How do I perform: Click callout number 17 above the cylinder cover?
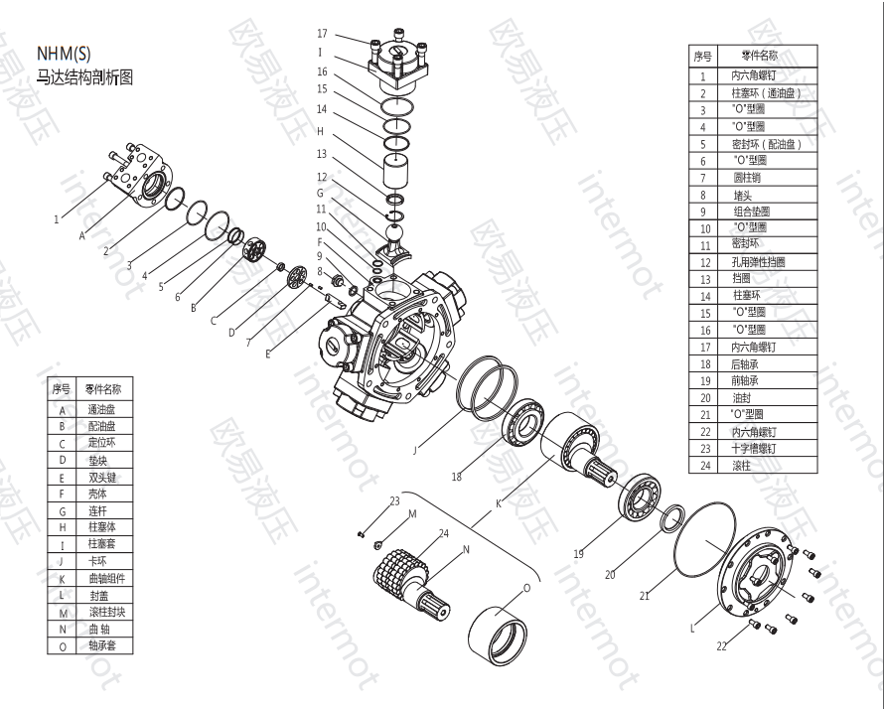point(322,34)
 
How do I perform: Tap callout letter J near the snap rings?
point(415,450)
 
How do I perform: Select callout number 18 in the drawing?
point(457,477)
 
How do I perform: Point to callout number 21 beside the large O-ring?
point(645,596)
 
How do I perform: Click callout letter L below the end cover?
point(692,628)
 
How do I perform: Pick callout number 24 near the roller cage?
point(444,533)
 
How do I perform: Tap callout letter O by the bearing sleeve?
point(526,587)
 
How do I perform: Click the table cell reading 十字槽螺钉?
point(752,448)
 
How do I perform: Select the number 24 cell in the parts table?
point(703,465)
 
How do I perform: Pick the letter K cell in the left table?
point(62,578)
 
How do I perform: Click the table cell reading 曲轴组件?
point(106,578)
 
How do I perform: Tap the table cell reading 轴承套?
point(102,645)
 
